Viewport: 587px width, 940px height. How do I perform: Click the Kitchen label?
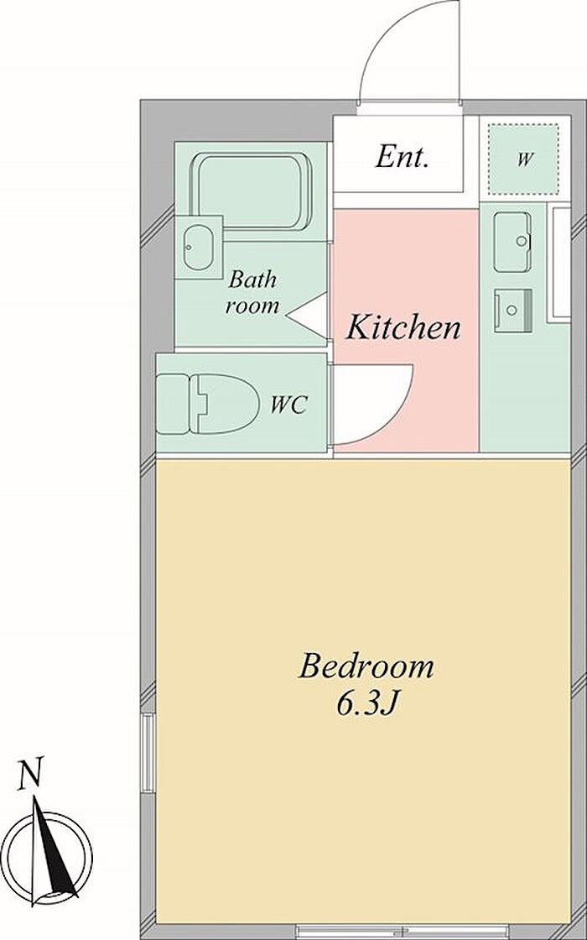pos(404,327)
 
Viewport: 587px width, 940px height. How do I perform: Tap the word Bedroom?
pos(366,666)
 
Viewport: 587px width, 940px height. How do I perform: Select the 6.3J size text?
pos(367,704)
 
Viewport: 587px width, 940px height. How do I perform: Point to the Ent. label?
pos(402,157)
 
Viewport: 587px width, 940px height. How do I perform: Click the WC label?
pos(288,405)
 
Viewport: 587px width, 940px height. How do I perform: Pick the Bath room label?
pos(252,293)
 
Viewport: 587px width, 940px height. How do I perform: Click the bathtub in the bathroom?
pos(252,192)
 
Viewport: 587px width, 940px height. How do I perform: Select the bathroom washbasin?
pos(198,247)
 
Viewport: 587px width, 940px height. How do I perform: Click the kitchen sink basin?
pos(512,242)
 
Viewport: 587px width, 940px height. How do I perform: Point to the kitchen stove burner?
pos(513,310)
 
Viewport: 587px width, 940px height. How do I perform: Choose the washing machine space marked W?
pos(523,159)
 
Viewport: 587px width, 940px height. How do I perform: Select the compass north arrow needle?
pos(53,849)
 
